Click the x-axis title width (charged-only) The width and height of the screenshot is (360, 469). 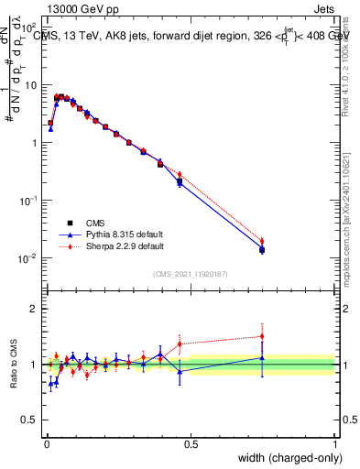point(285,459)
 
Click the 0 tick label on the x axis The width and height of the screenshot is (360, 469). point(46,444)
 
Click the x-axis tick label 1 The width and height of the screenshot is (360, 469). point(334,444)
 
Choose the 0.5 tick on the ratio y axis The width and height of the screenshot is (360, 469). point(31,421)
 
